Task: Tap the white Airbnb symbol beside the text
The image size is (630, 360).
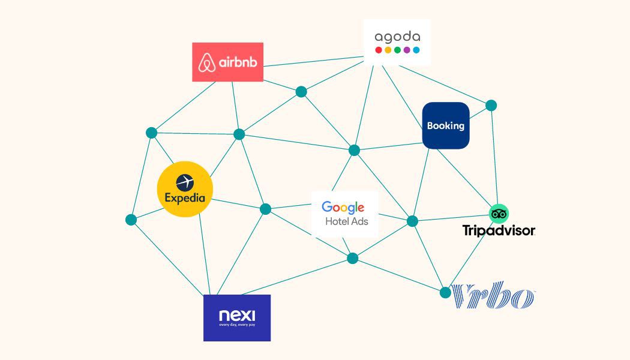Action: [x=208, y=62]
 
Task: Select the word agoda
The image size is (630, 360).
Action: [x=397, y=37]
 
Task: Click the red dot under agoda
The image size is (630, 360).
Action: [x=379, y=50]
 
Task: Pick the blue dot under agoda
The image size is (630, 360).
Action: [x=416, y=50]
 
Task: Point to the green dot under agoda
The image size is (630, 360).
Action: [x=397, y=50]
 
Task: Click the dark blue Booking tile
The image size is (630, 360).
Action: [x=446, y=125]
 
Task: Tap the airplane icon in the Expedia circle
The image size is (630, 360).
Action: [x=185, y=181]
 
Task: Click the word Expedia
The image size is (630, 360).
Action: [x=185, y=198]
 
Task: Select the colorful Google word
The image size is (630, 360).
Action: [x=343, y=208]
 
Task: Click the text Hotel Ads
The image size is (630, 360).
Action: [x=347, y=221]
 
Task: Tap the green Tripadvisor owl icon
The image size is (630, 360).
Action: [x=499, y=214]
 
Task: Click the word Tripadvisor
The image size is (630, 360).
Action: [x=499, y=230]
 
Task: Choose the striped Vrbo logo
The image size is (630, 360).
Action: [x=493, y=296]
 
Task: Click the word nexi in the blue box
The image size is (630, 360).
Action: [x=237, y=315]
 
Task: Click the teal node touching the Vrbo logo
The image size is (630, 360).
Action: [x=445, y=293]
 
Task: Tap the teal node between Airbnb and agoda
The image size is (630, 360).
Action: [x=301, y=92]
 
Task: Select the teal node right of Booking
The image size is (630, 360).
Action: [x=491, y=106]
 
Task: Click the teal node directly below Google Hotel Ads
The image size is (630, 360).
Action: [x=353, y=259]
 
